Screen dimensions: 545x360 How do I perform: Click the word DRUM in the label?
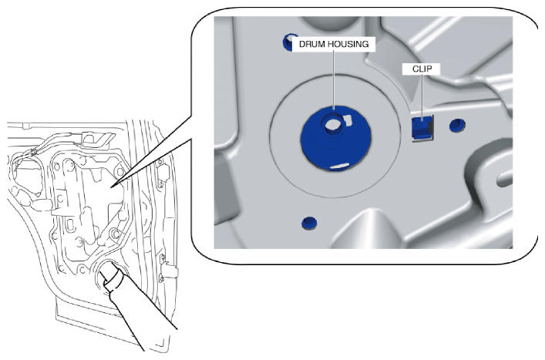point(311,44)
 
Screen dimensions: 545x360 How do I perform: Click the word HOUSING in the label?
point(348,44)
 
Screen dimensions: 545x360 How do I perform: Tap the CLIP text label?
point(422,69)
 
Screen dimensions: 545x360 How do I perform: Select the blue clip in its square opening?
point(421,126)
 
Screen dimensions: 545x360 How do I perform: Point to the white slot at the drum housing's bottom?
point(339,166)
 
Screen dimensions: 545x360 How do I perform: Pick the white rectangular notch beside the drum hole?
point(348,120)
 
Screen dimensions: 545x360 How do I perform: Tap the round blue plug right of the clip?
point(457,125)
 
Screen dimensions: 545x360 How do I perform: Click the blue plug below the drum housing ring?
point(309,223)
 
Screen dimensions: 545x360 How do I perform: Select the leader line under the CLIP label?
point(422,98)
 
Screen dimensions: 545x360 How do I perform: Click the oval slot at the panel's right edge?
point(504,180)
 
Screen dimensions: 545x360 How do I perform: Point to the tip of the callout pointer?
point(112,187)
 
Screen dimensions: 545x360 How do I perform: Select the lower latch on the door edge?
point(166,267)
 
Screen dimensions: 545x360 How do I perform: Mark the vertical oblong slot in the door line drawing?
point(70,225)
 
